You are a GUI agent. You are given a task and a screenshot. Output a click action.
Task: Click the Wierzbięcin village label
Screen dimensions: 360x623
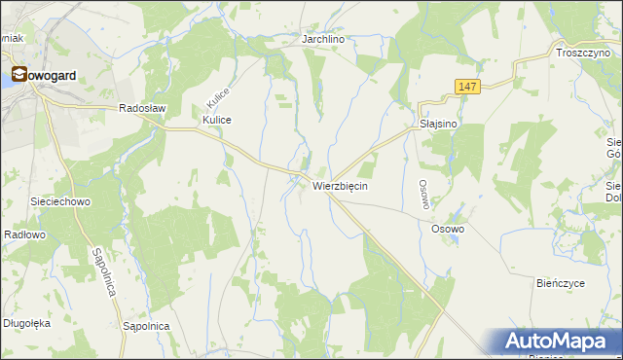coord(340,185)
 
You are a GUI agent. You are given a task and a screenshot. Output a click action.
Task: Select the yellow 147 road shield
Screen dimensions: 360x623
coord(467,87)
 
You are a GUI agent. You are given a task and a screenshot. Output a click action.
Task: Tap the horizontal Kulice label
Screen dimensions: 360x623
coord(216,120)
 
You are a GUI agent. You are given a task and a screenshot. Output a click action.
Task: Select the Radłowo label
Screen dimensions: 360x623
coord(25,234)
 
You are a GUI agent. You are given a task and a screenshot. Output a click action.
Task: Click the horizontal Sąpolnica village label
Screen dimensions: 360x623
coord(147,326)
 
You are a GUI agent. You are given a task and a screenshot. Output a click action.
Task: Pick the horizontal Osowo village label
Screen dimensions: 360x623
coord(449,229)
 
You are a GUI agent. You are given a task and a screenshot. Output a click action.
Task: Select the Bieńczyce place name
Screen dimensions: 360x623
coord(561,282)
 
